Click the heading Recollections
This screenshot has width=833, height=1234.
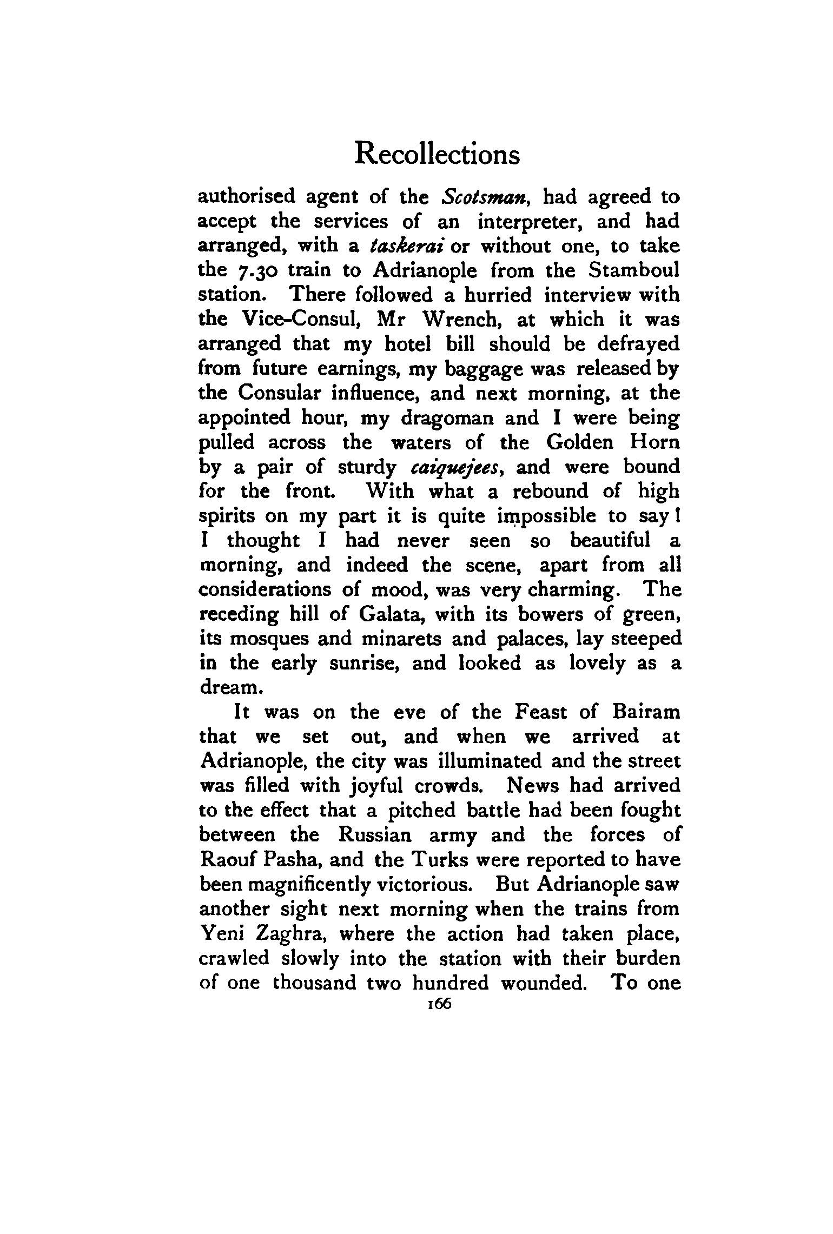pos(437,154)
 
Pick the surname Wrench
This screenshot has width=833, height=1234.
pos(463,320)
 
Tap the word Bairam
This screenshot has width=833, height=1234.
pos(646,713)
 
